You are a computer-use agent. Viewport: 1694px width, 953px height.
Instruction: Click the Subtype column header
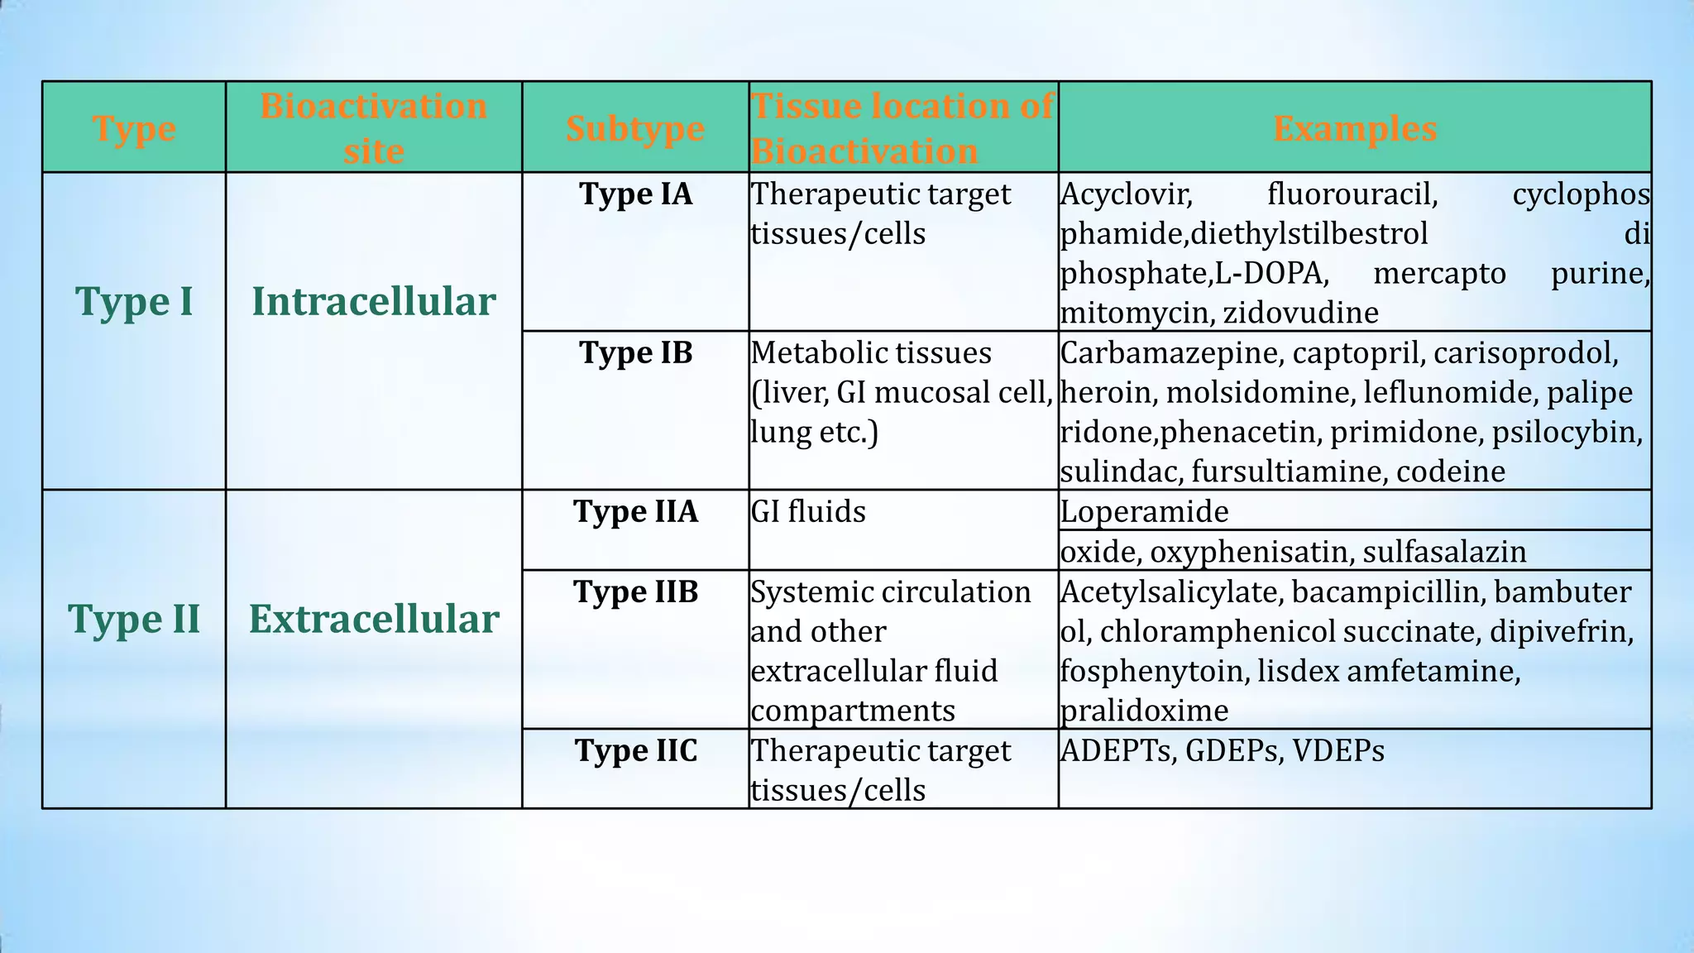635,128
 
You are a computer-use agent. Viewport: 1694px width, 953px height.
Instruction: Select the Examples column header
1354,128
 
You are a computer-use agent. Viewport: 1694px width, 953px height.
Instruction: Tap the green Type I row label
134,301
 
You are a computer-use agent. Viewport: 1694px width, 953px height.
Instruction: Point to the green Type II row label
134,619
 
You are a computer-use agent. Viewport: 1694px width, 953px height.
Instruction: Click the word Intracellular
374,301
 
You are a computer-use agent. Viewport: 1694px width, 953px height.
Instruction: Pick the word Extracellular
374,619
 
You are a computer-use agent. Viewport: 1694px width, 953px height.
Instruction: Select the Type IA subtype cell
635,194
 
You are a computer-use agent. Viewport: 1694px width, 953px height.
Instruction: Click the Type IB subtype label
635,352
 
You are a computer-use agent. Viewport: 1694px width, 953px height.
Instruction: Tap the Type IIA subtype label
635,511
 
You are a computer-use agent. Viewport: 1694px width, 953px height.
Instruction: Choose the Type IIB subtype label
635,591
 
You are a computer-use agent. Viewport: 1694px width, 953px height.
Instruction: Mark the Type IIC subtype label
635,750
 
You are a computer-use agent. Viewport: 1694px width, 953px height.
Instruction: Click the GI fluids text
808,511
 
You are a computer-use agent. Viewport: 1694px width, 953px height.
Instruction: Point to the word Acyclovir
1126,194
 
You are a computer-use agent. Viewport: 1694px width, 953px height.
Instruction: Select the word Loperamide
1144,512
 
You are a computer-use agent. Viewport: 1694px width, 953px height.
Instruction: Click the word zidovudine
1300,313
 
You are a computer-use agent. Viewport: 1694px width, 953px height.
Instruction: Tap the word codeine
1450,472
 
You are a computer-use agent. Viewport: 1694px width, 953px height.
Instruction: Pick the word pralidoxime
1144,711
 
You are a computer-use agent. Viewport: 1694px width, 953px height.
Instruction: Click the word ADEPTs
1117,750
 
